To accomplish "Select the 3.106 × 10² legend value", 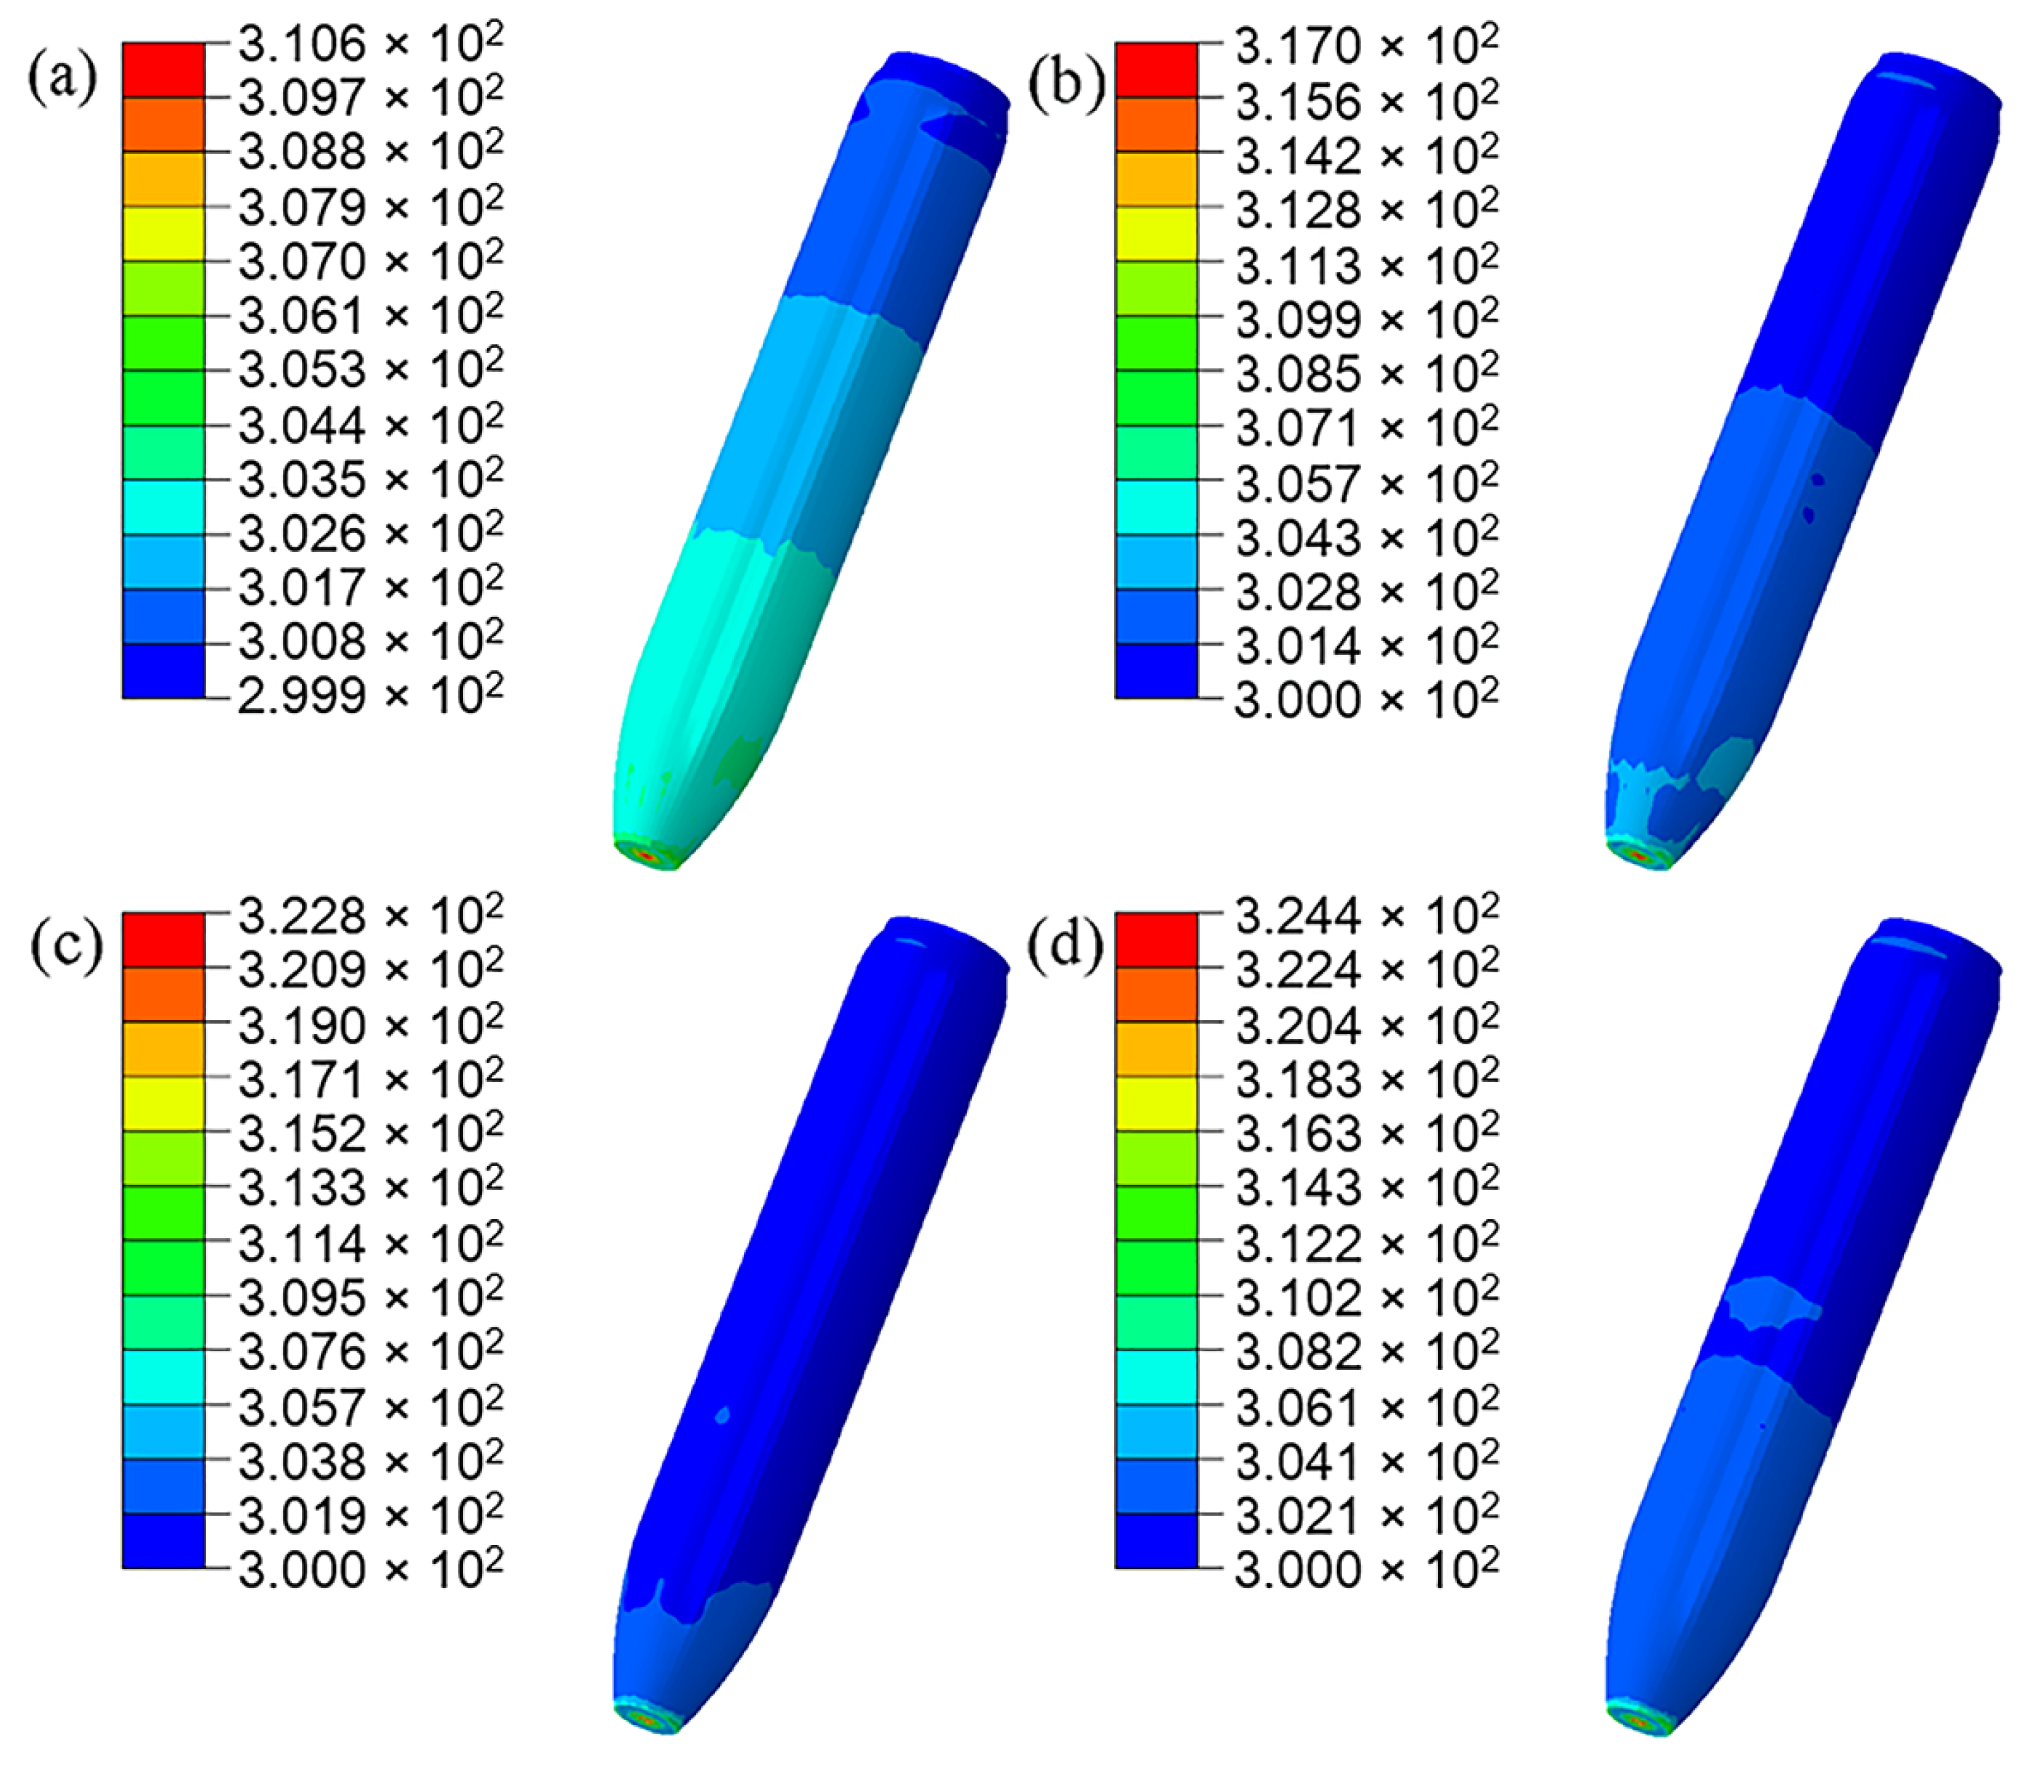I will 370,44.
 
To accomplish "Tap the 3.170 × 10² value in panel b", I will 1365,46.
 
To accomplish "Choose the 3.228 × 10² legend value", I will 370,916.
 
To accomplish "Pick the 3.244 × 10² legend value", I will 1365,916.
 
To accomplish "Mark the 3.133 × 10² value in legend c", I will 370,1187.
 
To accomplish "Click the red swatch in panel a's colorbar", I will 164,70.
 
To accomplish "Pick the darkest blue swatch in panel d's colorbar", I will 1156,1540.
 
